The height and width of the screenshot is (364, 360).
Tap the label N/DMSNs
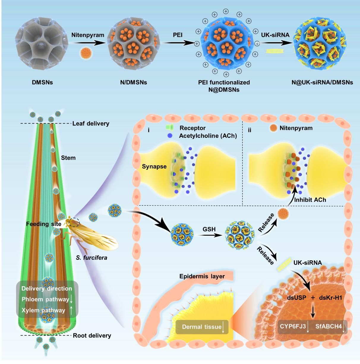point(133,82)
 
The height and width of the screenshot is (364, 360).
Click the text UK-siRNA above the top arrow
point(275,35)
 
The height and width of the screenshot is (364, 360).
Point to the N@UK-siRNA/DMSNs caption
point(322,82)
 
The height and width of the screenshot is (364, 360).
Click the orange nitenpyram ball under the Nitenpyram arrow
point(86,53)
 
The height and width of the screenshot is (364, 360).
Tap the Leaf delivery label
point(91,124)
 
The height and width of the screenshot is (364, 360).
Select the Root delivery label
point(92,335)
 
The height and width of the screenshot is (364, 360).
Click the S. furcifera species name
point(91,257)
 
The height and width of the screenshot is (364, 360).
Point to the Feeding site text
point(43,224)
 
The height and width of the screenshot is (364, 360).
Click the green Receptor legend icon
point(169,128)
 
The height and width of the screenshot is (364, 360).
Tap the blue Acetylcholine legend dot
point(170,136)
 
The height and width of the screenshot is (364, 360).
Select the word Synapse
point(154,166)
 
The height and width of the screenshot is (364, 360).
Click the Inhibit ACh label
point(310,200)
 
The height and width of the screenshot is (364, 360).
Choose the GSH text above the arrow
point(209,229)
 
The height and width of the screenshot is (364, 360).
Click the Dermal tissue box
point(202,327)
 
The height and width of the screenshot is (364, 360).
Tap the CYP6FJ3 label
point(293,326)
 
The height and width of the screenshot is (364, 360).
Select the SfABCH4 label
point(329,326)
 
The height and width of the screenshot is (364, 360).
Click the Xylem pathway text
point(43,310)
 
